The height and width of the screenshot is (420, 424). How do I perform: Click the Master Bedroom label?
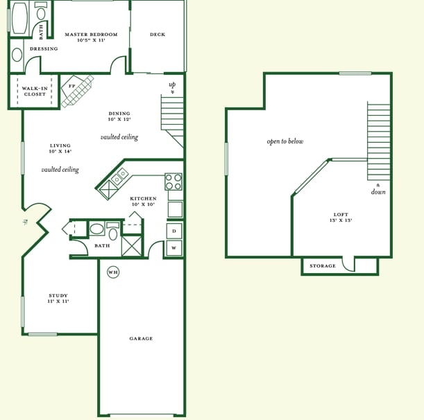pos(91,37)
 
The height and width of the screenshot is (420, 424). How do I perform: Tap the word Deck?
pos(158,34)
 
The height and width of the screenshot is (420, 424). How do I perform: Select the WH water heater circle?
pos(113,272)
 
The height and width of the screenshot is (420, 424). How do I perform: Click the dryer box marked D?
pos(174,231)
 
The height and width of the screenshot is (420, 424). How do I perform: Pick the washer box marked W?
pos(174,247)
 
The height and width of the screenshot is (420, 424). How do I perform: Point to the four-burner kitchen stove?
pos(173,182)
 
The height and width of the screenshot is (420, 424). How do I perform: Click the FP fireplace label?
pos(71,86)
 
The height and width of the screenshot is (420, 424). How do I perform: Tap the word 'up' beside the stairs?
pos(172,85)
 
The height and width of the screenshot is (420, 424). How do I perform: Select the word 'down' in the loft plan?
pos(378,192)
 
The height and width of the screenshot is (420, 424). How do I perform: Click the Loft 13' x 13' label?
pos(341,217)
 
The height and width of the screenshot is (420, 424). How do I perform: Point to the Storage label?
pos(323,265)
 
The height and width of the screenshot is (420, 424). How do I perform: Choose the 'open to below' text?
pos(285,141)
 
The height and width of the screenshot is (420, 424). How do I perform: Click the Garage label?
pos(141,338)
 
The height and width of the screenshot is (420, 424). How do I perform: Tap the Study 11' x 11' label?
pos(58,298)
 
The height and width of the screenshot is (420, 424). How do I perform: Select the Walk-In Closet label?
pos(35,91)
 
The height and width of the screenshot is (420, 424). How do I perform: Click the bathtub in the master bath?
pos(19,18)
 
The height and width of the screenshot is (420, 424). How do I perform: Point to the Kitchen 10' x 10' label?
pos(144,201)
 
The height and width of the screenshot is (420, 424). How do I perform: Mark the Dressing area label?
pos(44,49)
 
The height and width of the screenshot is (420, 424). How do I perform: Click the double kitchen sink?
pos(120,177)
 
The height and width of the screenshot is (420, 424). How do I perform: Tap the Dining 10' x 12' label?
pos(119,116)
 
